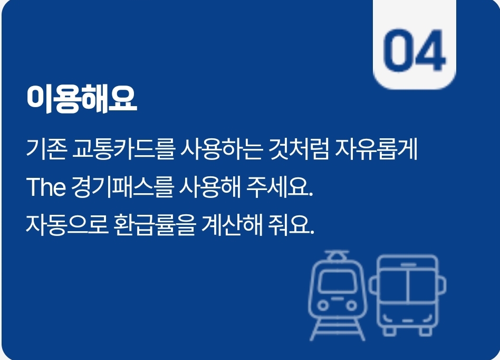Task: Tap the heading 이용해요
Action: tap(82, 98)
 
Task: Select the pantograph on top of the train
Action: tap(333, 255)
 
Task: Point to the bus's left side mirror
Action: tap(372, 285)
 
